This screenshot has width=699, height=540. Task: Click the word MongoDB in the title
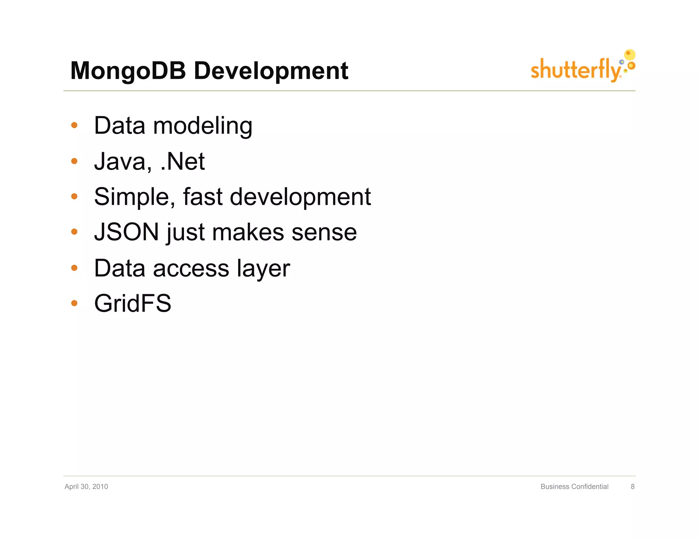coord(128,71)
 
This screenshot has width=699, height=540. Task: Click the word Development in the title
coord(271,71)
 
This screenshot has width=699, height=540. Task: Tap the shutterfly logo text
coord(575,70)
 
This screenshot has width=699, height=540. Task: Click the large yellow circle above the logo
coord(630,54)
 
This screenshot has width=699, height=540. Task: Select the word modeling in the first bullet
coord(203,126)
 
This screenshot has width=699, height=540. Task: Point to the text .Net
coord(183,161)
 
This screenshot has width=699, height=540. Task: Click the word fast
coord(203,197)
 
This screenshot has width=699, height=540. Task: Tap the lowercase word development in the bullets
coord(300,197)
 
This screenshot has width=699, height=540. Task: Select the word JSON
coord(127,232)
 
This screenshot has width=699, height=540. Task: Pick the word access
coord(191,269)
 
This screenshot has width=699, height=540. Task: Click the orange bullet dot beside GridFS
coord(74,303)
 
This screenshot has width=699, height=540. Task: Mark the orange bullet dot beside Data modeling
coord(74,125)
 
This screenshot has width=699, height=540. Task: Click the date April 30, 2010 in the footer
coord(86,486)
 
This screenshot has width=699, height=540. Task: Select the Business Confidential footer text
coord(574,486)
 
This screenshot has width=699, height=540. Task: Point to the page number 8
coord(632,486)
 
